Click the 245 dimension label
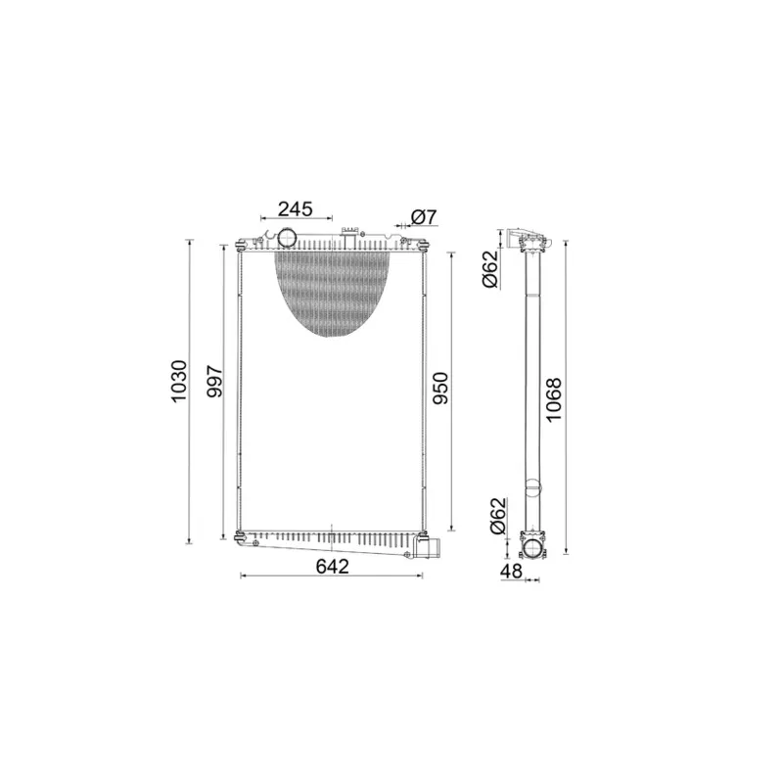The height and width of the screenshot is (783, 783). tap(295, 208)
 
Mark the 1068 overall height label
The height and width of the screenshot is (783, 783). tap(554, 399)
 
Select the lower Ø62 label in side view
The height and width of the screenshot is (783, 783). tap(496, 516)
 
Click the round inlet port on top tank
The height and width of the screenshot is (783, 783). tap(289, 238)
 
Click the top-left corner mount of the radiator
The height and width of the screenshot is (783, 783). tap(240, 244)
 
